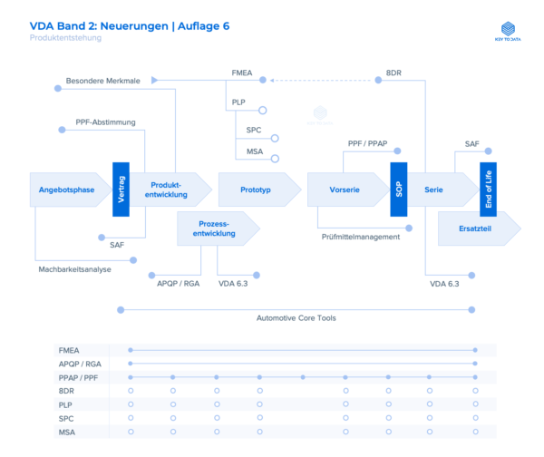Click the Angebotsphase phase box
pyautogui.click(x=66, y=190)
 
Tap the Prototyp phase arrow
pyautogui.click(x=256, y=190)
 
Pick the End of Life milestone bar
pyautogui.click(x=489, y=190)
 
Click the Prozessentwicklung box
pyautogui.click(x=214, y=228)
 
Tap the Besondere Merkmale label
pyautogui.click(x=102, y=81)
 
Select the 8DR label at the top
pyautogui.click(x=393, y=72)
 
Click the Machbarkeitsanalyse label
pyautogui.click(x=74, y=269)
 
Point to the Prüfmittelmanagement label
pyautogui.click(x=360, y=237)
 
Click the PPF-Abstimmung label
pyautogui.click(x=106, y=121)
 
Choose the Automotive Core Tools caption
pyautogui.click(x=295, y=318)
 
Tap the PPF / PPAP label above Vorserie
pyautogui.click(x=368, y=144)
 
